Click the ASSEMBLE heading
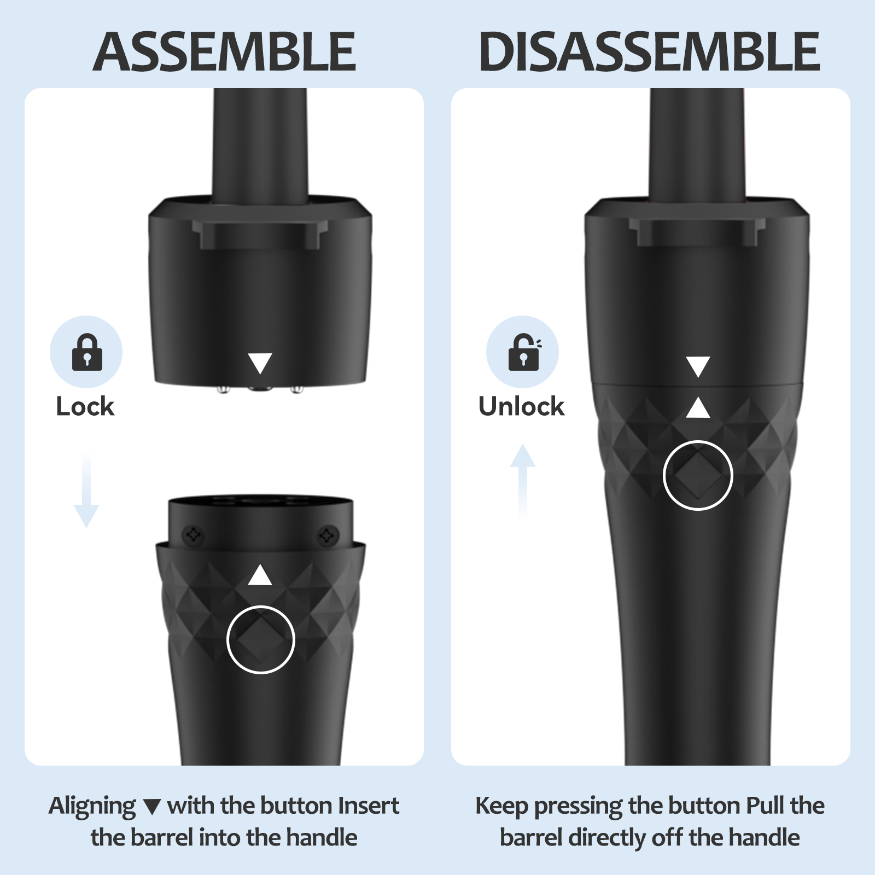[225, 52]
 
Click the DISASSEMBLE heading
[650, 52]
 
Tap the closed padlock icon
[87, 352]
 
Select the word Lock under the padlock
[85, 407]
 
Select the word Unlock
[521, 406]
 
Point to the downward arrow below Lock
[86, 490]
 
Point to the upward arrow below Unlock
[523, 482]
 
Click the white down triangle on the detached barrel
[260, 363]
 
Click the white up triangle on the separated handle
[260, 575]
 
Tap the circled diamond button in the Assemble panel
[261, 639]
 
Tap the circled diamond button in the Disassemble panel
[698, 475]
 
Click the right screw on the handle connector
[328, 534]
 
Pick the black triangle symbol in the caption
[152, 807]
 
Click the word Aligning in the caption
[92, 807]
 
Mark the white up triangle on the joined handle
[698, 407]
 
